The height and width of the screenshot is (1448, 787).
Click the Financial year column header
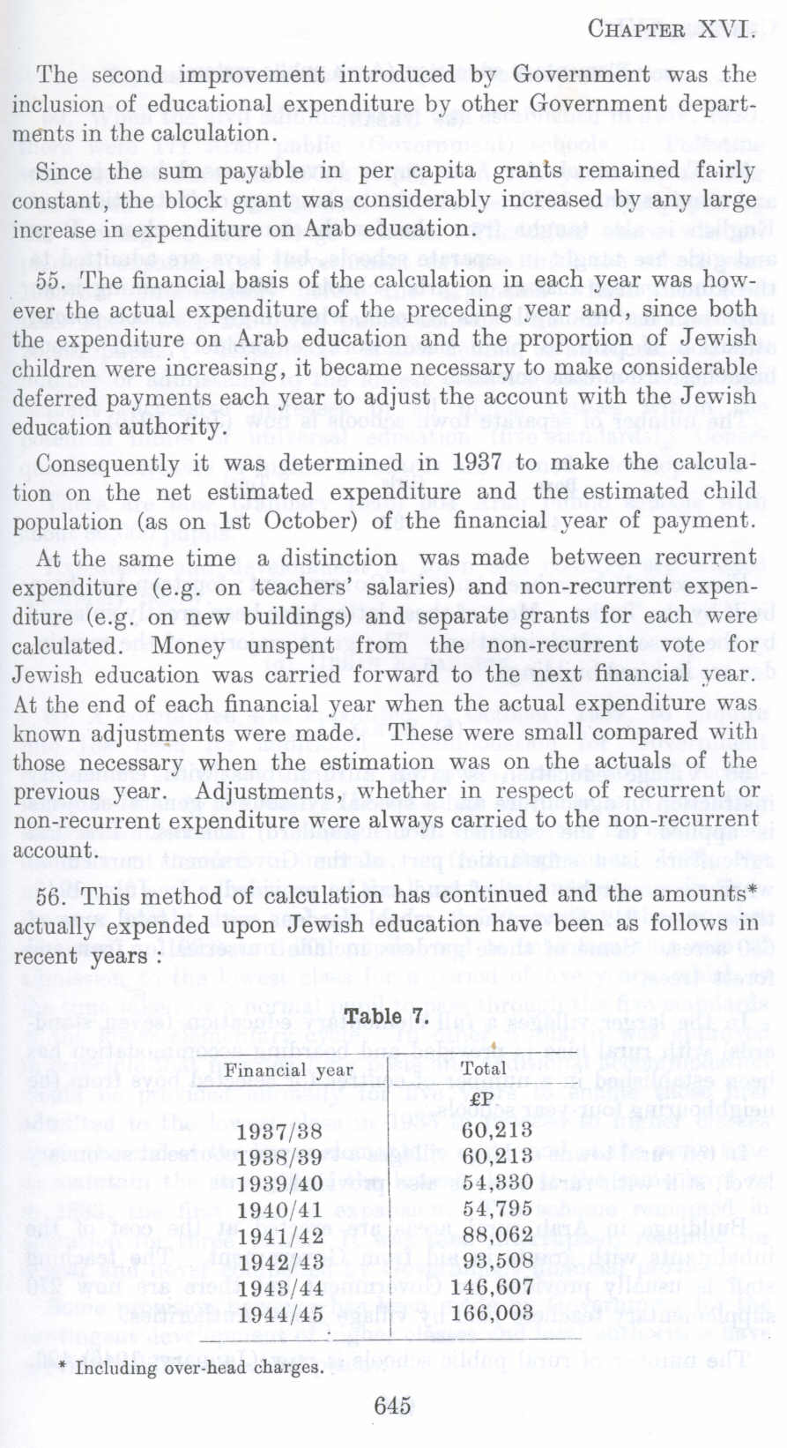coord(289,1071)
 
